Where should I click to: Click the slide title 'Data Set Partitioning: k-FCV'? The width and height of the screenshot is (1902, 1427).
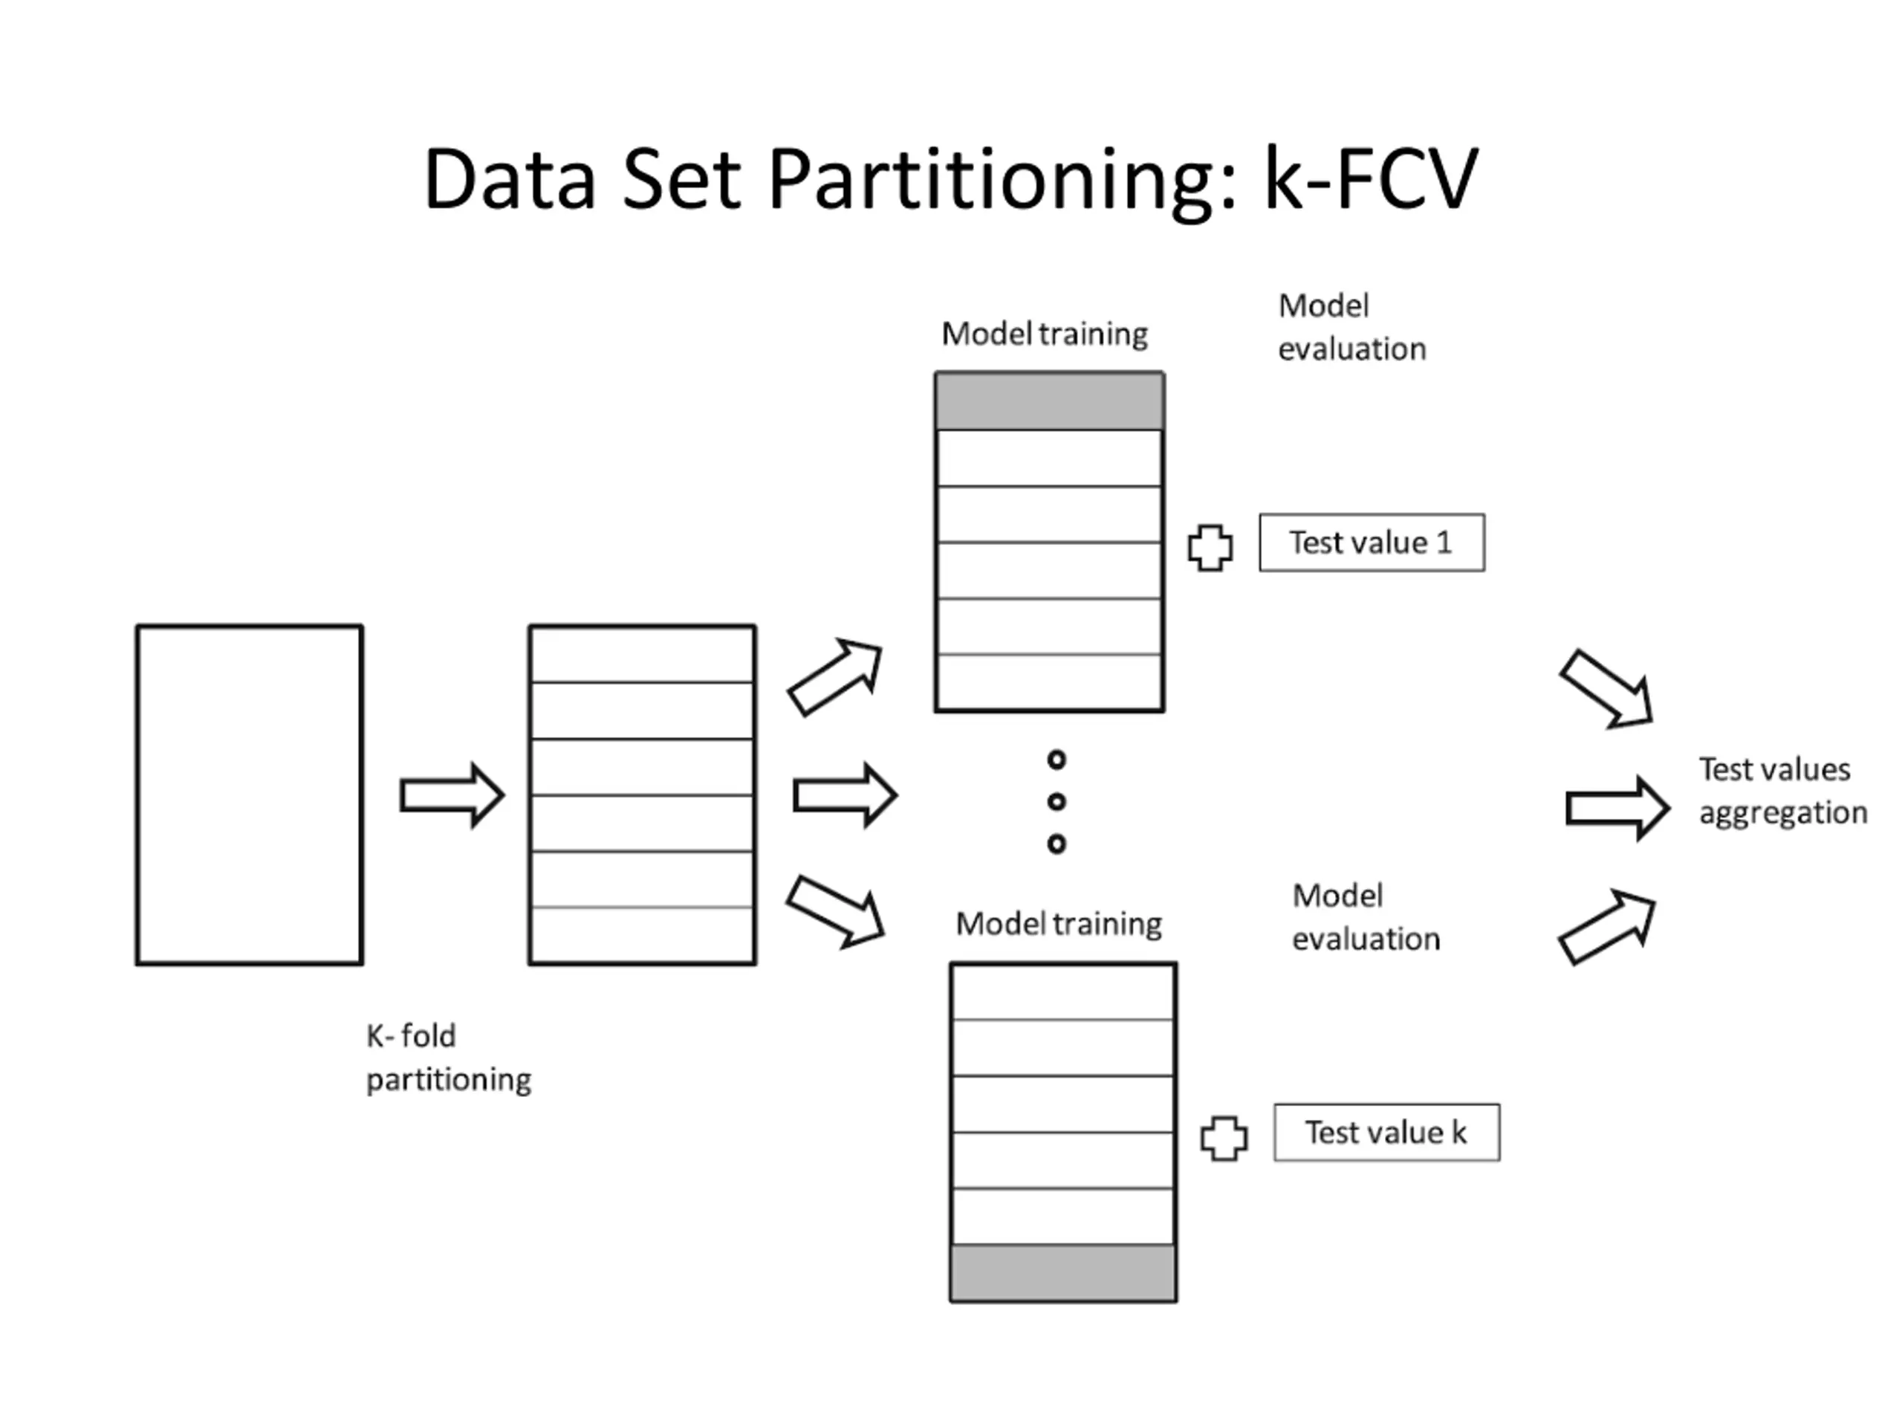point(951,179)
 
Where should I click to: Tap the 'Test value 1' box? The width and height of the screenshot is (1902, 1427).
point(1372,543)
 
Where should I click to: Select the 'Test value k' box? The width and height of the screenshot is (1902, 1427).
point(1386,1133)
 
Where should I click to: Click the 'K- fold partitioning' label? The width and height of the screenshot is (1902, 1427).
point(449,1057)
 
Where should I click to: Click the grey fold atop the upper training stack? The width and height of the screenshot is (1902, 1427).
point(1050,401)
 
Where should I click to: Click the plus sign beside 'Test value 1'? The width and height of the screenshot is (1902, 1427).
point(1210,548)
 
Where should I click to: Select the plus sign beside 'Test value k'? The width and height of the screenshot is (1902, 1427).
point(1224,1138)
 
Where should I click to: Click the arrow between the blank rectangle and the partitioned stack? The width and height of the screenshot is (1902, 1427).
point(452,796)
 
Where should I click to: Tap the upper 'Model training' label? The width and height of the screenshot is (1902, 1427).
point(1045,334)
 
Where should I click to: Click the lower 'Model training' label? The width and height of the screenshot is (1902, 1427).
point(1059,924)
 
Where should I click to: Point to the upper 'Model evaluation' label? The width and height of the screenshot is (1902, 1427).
point(1351,327)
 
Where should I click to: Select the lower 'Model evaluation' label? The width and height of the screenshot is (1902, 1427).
point(1366,917)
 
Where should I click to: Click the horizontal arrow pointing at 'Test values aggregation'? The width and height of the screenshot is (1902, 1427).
point(1617,809)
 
